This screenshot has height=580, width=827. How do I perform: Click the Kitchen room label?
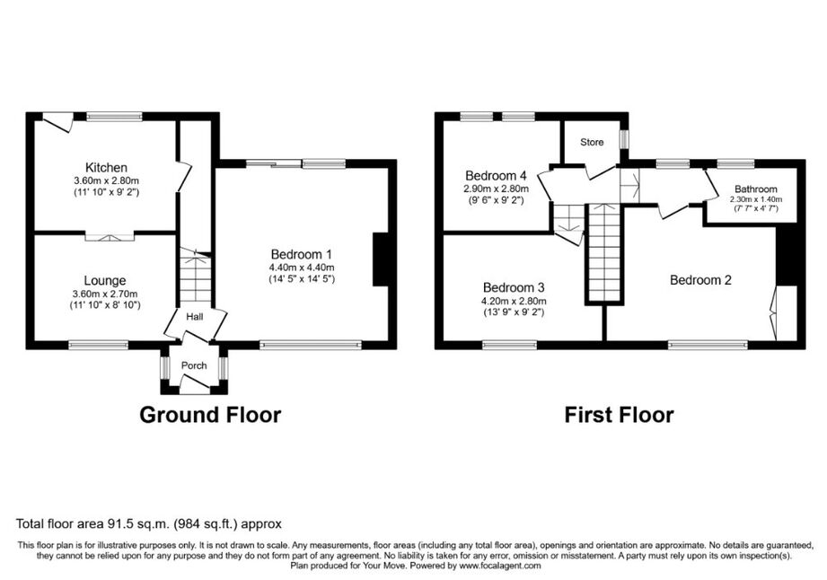pos(106,168)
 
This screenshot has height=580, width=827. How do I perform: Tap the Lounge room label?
pos(105,281)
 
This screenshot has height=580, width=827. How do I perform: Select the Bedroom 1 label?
pos(301,255)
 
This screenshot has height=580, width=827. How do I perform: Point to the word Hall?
pos(195,317)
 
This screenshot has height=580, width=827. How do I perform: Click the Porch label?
pos(194,365)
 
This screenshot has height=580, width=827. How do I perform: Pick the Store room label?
pos(592,142)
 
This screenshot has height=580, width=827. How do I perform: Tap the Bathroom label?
pos(756,189)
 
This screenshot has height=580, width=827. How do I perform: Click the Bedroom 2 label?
pos(700,280)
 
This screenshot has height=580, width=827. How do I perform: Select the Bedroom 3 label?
pos(514,288)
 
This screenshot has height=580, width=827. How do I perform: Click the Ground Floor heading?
pos(210,415)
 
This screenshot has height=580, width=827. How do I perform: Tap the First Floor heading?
pos(620,415)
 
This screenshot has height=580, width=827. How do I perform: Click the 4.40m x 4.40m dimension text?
pos(301,268)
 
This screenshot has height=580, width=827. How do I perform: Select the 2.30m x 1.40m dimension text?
pos(756,199)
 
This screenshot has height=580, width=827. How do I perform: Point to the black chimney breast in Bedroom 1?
pos(380,259)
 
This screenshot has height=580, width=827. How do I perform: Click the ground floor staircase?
pos(196,277)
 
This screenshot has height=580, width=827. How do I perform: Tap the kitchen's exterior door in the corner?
pos(57,121)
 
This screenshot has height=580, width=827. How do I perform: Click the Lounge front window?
pos(99,346)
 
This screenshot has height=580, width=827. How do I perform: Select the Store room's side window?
pos(624,139)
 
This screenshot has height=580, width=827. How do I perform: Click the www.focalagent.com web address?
pos(500,566)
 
